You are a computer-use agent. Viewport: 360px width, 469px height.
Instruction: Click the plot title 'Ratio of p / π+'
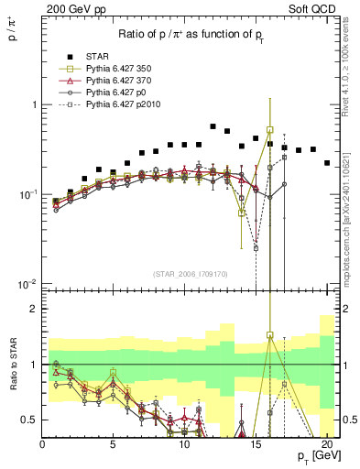click(x=191, y=35)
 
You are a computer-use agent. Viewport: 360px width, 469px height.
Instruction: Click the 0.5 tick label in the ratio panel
click(x=27, y=420)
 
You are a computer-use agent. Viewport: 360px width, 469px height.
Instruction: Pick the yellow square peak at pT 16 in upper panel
click(x=270, y=130)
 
